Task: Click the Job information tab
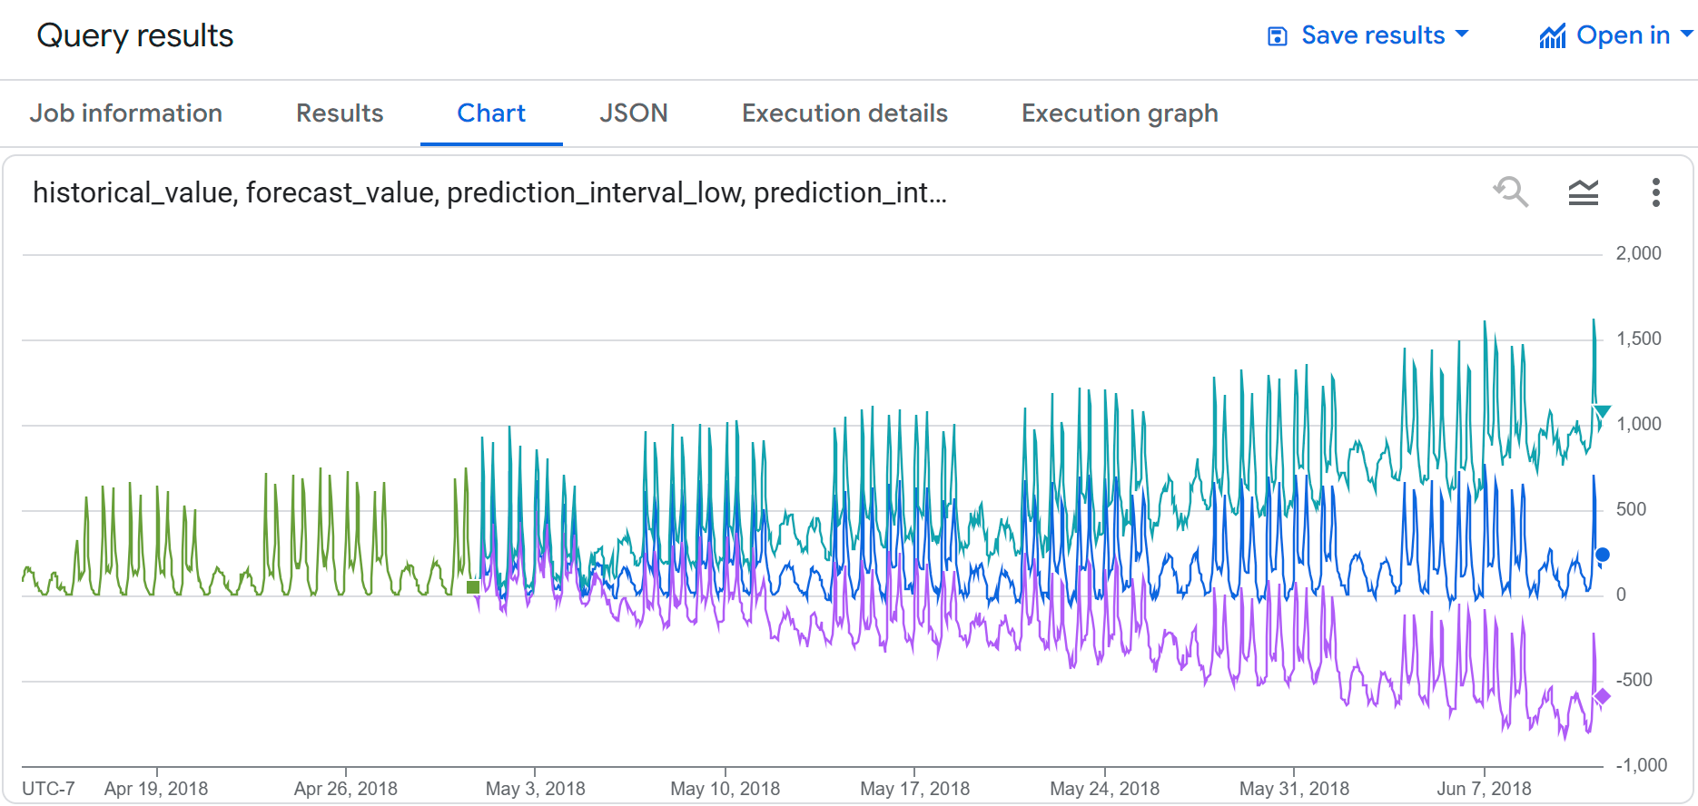pos(125,113)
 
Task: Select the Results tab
pos(340,113)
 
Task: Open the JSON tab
pos(633,113)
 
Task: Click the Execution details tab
pos(844,113)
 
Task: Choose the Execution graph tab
pos(1120,113)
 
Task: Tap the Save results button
pos(1368,35)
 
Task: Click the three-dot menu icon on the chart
pos(1655,192)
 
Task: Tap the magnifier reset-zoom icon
pos(1511,192)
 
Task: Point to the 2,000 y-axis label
pos(1638,254)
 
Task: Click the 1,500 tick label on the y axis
pos(1638,339)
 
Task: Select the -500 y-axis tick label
pos(1634,680)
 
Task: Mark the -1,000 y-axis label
pos(1641,765)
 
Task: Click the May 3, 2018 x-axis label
pos(535,789)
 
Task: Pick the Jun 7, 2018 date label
pos(1484,789)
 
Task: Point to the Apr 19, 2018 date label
pos(156,789)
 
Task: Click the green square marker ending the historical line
pos(473,587)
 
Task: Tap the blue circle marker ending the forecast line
pos(1603,555)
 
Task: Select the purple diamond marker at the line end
pos(1603,696)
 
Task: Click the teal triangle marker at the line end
pos(1603,412)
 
